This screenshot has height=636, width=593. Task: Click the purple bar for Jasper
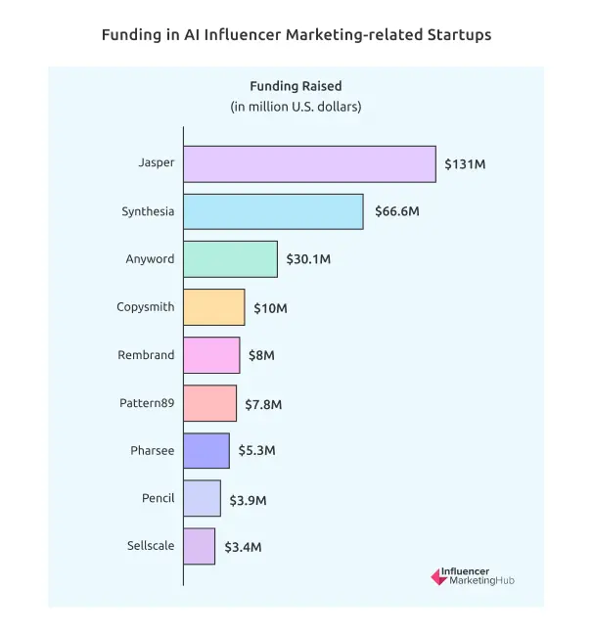[309, 163]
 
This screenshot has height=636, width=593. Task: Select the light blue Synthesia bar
[273, 211]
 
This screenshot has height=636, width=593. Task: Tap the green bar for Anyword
[230, 259]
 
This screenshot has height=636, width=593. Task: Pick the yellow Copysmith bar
[213, 307]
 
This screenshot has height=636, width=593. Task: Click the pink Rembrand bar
[211, 355]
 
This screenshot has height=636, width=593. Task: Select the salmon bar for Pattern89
[209, 403]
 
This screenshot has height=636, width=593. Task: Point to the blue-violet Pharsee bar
[206, 451]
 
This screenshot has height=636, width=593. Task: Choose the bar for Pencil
[202, 499]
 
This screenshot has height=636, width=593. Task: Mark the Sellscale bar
[199, 547]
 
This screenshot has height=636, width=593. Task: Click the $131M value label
[465, 164]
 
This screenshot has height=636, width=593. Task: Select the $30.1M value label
[308, 260]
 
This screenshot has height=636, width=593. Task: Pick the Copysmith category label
[145, 307]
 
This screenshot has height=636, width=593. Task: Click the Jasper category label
[157, 162]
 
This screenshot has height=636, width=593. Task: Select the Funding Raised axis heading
[296, 86]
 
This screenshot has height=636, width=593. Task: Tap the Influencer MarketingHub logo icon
[438, 577]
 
